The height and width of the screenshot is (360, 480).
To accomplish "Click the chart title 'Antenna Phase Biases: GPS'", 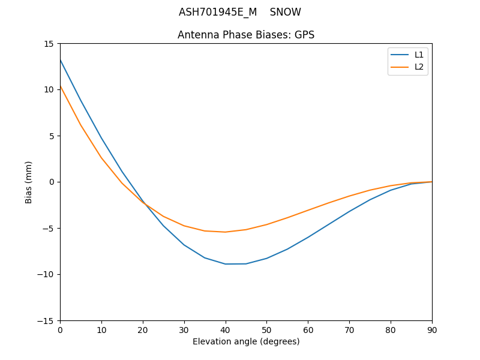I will tap(246, 35).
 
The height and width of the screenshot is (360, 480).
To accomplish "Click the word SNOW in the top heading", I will tap(286, 13).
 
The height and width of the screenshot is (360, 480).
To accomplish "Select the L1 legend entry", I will tap(419, 55).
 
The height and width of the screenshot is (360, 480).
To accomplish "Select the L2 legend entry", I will tap(419, 67).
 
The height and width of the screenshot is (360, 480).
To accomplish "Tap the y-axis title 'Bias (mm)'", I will tap(29, 182).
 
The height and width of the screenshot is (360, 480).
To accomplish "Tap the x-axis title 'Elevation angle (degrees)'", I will tap(246, 342).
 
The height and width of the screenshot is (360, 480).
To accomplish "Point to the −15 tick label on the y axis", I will tap(47, 320).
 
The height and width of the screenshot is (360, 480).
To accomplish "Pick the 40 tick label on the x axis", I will tap(226, 330).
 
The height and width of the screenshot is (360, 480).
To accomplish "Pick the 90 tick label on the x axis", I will tap(432, 330).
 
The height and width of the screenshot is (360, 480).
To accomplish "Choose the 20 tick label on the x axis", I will tap(143, 330).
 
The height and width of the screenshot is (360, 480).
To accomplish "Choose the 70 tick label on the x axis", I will tap(349, 330).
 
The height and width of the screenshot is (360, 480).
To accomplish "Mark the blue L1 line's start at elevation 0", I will tap(60, 60).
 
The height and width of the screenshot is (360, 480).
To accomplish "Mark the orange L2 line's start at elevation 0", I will tap(60, 86).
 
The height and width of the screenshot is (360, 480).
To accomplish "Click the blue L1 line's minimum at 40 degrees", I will tap(226, 264).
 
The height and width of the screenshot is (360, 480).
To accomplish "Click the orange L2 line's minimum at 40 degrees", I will tap(226, 232).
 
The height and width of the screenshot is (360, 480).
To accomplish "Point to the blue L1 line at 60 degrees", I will tap(308, 237).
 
